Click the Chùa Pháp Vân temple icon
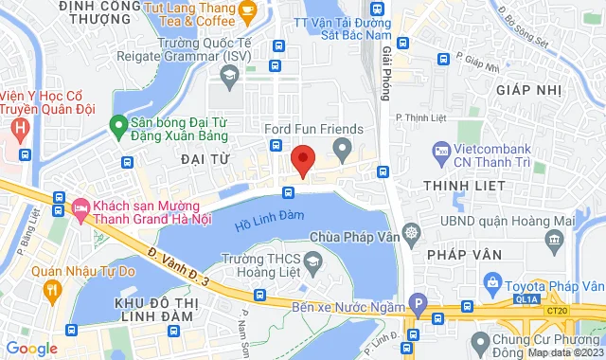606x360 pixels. coord(410,232)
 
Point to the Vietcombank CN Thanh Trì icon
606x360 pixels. coord(441,151)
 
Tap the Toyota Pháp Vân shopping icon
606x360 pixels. coord(492,282)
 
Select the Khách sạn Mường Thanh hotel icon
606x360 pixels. coord(80,206)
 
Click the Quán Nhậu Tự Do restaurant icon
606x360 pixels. coord(51,287)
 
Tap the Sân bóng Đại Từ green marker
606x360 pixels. coord(118,123)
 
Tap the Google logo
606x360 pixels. coord(32,348)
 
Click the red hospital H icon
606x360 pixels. coord(19,126)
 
